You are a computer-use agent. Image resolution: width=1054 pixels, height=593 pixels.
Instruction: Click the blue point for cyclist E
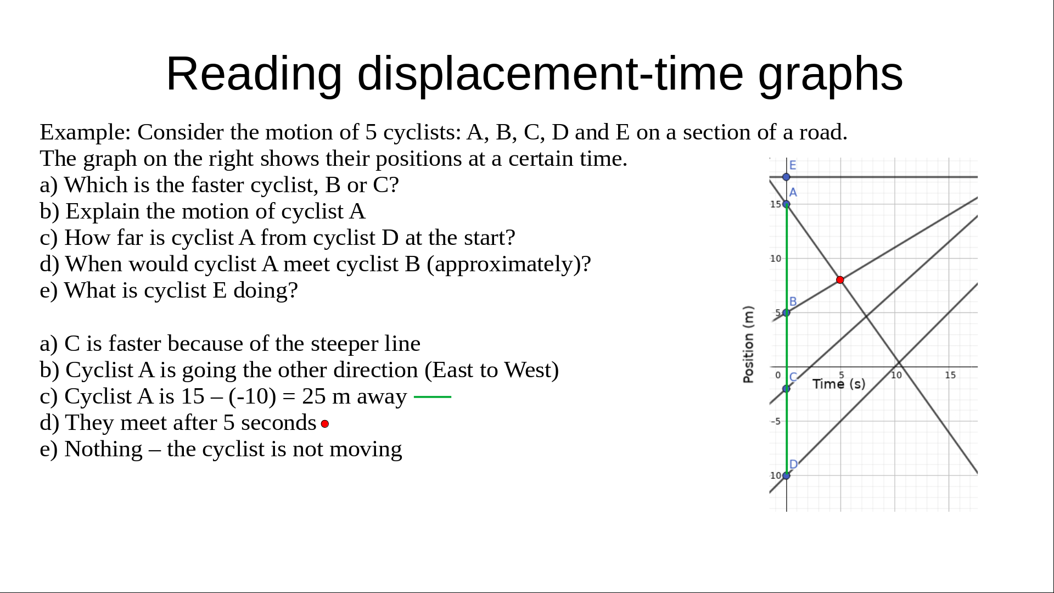786,177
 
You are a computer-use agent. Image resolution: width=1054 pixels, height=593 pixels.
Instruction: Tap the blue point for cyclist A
786,204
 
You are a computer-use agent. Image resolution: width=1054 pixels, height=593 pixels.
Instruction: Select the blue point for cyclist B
786,313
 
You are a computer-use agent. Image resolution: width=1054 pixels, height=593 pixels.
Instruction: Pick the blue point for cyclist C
786,389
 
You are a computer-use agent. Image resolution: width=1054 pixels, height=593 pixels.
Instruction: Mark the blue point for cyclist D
786,475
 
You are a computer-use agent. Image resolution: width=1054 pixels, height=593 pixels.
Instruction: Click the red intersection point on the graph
840,280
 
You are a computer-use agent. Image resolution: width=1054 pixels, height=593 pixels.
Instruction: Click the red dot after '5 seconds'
325,424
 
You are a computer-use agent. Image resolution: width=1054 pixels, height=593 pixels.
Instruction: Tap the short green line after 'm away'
433,396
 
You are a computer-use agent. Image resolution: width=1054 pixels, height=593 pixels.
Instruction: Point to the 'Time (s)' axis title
839,384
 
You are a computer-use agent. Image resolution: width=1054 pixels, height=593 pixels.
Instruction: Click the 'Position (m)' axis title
748,344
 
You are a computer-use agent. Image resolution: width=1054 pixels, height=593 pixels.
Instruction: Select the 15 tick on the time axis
950,375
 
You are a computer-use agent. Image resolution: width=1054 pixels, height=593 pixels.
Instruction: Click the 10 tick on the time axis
896,375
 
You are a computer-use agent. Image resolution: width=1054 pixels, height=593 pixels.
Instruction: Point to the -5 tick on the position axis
776,421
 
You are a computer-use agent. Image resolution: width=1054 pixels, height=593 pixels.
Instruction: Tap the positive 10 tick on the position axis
775,259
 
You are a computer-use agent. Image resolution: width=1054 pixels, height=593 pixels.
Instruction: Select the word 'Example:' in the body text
86,132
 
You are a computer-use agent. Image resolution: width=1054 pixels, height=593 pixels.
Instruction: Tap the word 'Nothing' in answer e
103,449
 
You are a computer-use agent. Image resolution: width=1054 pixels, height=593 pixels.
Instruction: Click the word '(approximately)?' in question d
509,264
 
